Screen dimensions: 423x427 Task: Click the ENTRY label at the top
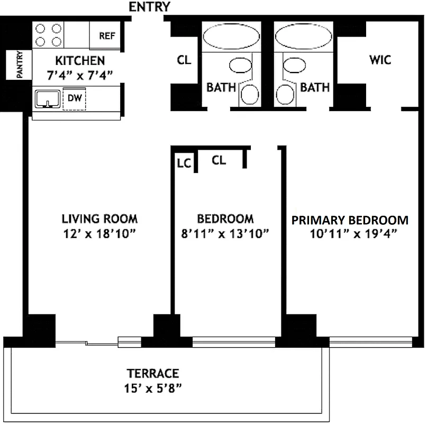(150, 7)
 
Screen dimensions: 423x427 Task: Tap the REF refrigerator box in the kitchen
(107, 36)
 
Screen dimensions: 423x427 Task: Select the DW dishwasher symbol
(74, 98)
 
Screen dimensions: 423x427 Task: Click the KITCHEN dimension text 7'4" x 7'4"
(80, 75)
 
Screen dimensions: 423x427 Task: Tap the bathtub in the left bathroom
(231, 38)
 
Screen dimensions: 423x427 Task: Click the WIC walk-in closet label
(380, 60)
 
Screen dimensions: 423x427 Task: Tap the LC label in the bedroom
(184, 162)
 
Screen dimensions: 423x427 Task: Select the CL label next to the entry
(184, 60)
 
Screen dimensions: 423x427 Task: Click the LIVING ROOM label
(99, 218)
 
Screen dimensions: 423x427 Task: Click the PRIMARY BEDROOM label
(350, 220)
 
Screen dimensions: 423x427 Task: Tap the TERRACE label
(152, 373)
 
